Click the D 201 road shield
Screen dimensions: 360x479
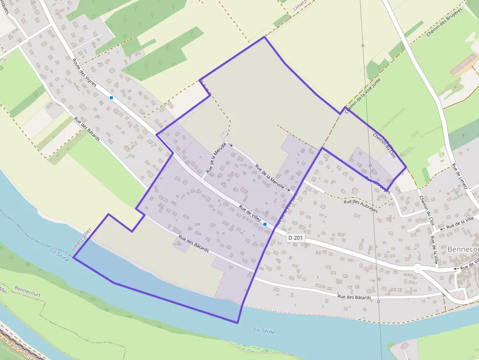[x=296, y=237]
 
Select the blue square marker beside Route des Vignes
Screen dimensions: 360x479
[x=111, y=98]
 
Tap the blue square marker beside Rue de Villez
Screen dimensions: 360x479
[x=264, y=224]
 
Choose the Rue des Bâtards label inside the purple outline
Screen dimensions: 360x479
[x=194, y=244]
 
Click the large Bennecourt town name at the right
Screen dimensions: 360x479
[x=463, y=249]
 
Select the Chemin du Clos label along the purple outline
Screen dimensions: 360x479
[x=384, y=145]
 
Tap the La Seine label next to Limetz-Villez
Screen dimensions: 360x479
[x=60, y=252]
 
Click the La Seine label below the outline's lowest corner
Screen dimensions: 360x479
[x=264, y=331]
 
